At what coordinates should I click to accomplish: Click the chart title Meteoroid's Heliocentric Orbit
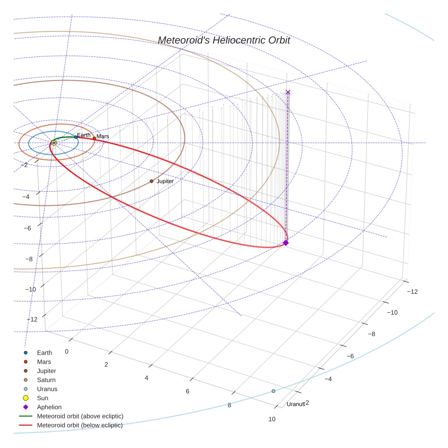[x=224, y=40]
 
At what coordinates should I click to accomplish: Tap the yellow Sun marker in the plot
[x=54, y=143]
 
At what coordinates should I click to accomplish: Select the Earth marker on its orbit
[x=76, y=137]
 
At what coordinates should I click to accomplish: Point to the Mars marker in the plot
[x=94, y=138]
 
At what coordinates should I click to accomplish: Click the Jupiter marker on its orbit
[x=152, y=181]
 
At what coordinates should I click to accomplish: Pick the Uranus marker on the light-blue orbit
[x=273, y=391]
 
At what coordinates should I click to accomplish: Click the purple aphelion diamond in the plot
[x=286, y=243]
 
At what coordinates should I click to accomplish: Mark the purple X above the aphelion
[x=288, y=92]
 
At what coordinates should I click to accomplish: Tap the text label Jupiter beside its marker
[x=165, y=181]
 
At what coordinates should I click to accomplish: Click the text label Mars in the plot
[x=102, y=137]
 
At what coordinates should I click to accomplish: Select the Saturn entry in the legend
[x=46, y=380]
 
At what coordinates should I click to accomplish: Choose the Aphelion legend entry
[x=49, y=407]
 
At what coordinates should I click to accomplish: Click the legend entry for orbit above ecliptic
[x=80, y=416]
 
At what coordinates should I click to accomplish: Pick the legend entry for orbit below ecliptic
[x=80, y=425]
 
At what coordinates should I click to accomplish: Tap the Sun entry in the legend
[x=42, y=398]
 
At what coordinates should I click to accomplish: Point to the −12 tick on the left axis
[x=32, y=319]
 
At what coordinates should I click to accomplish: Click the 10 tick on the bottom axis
[x=272, y=419]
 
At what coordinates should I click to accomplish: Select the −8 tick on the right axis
[x=372, y=334]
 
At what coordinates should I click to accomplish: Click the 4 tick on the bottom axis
[x=147, y=378]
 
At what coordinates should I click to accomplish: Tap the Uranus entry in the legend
[x=47, y=389]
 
